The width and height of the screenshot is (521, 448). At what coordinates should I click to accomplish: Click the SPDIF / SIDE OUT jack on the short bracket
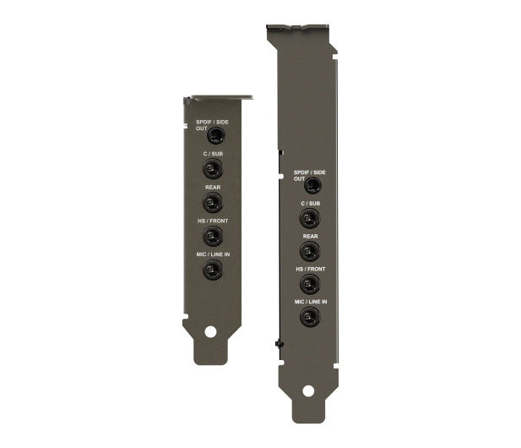(x=216, y=135)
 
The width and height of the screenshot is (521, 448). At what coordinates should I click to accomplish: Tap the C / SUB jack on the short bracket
(x=213, y=168)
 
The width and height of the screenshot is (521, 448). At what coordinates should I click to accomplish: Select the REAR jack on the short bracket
(x=213, y=202)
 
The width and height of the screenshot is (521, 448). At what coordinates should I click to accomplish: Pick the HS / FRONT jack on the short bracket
(x=213, y=236)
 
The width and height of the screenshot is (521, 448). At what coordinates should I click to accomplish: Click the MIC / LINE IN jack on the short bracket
(x=213, y=270)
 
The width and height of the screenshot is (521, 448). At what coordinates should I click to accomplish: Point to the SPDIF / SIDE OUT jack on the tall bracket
(x=313, y=185)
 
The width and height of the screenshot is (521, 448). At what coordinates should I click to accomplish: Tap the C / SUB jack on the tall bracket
(x=310, y=219)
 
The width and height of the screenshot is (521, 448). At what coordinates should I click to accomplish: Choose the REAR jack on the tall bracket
(x=310, y=251)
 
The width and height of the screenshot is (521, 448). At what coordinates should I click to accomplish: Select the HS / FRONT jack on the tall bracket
(x=310, y=284)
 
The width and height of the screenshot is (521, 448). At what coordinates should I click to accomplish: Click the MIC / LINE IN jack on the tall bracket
(x=310, y=317)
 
